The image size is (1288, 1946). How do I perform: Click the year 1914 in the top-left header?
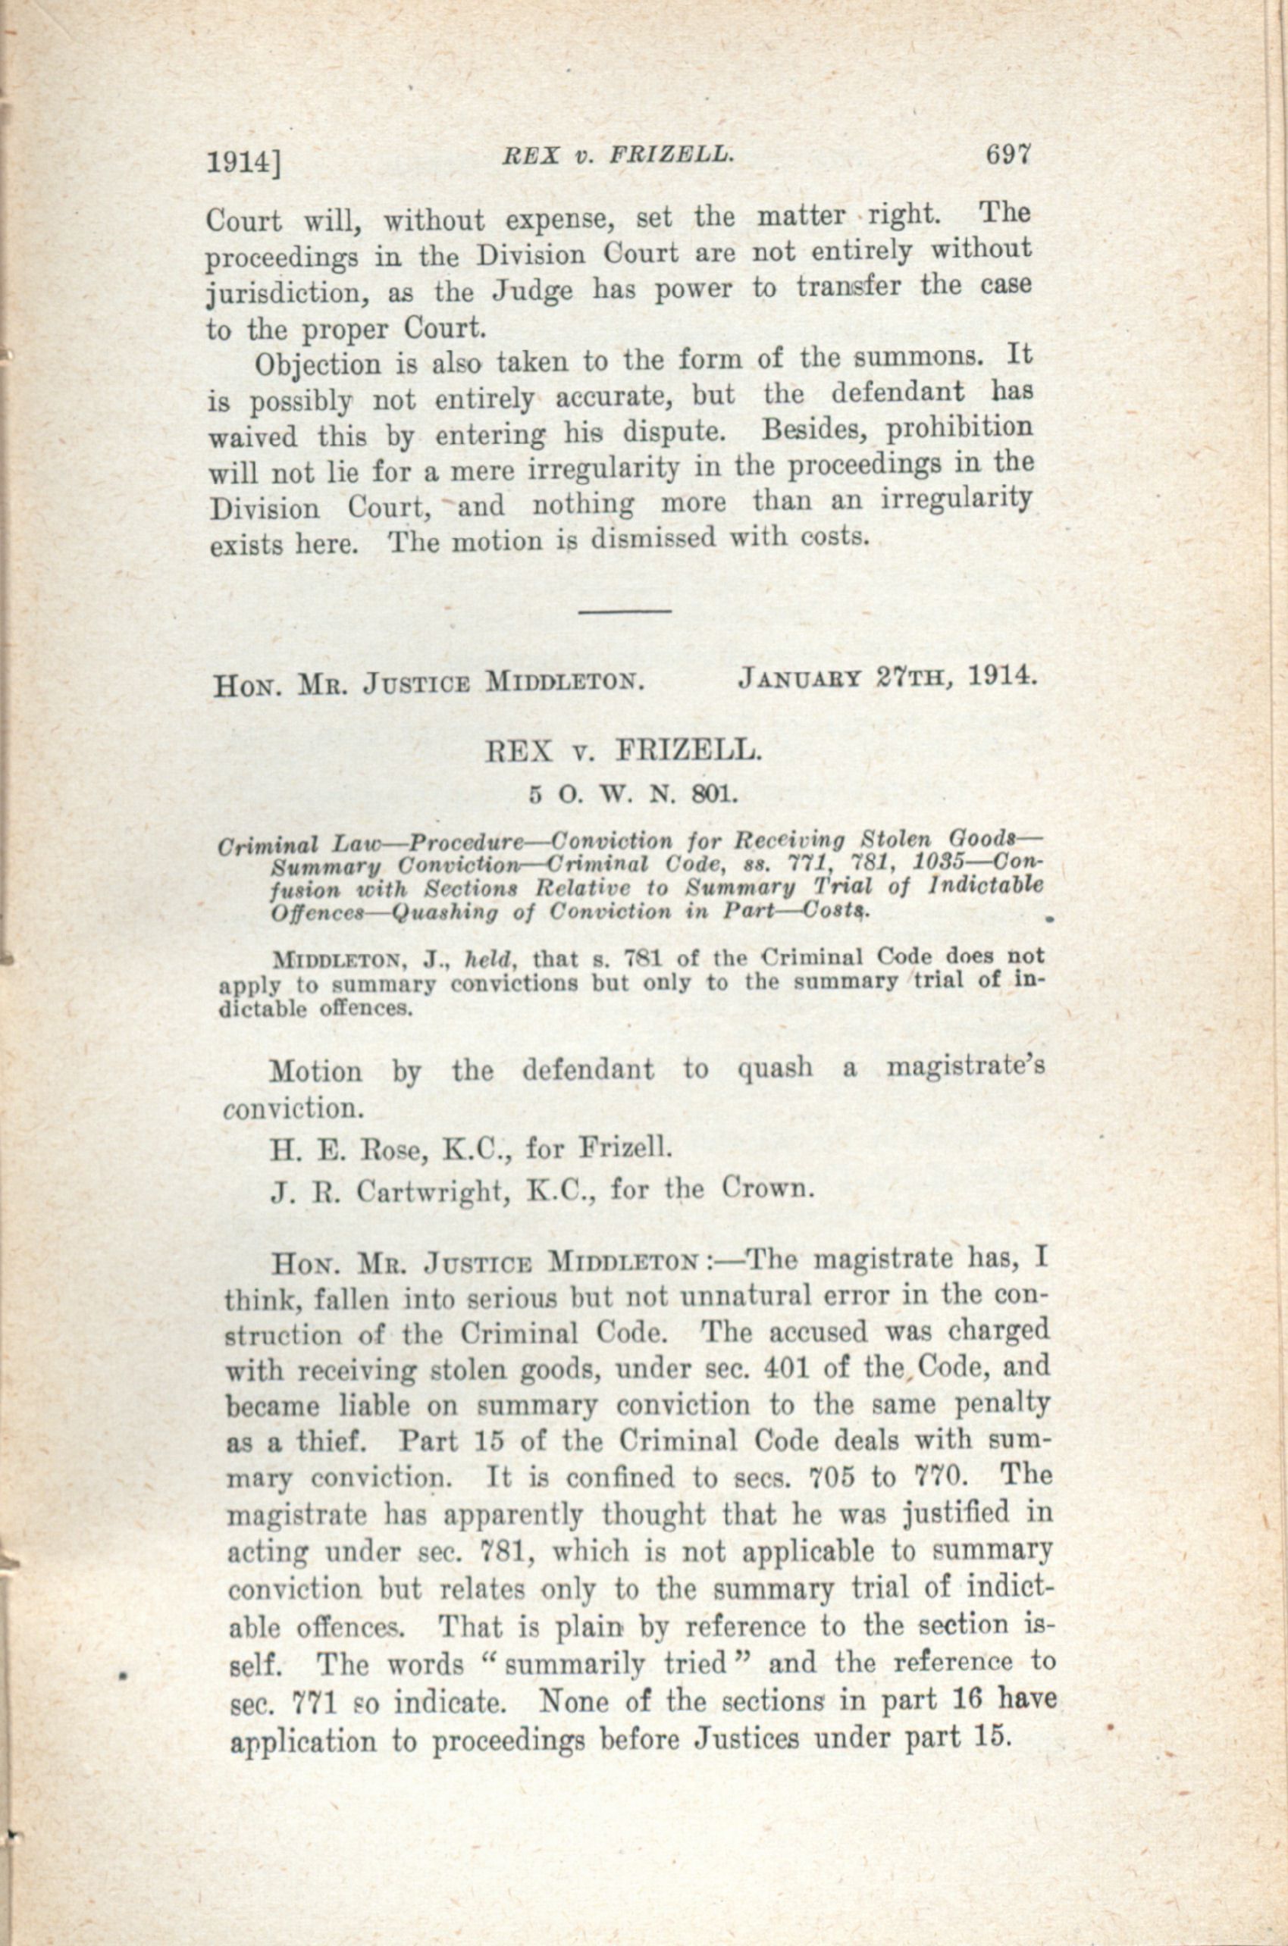pyautogui.click(x=240, y=163)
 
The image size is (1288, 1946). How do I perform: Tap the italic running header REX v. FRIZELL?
pyautogui.click(x=617, y=154)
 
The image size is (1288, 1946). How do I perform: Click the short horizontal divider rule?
pyautogui.click(x=626, y=611)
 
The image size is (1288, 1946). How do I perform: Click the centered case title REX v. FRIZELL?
pyautogui.click(x=623, y=751)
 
